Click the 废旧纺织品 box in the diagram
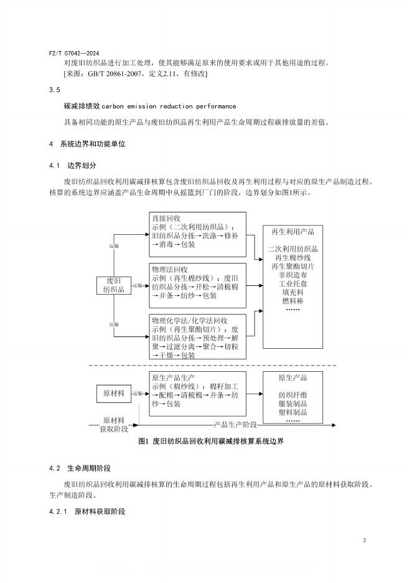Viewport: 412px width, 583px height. (x=114, y=285)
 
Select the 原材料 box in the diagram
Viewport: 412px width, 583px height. (x=114, y=393)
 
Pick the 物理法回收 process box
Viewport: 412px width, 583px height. (x=197, y=285)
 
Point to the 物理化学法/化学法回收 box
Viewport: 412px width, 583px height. (x=197, y=336)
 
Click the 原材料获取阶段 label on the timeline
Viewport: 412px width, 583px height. (x=115, y=424)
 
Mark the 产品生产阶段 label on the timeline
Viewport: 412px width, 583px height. (x=235, y=424)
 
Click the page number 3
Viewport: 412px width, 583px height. (x=364, y=539)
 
